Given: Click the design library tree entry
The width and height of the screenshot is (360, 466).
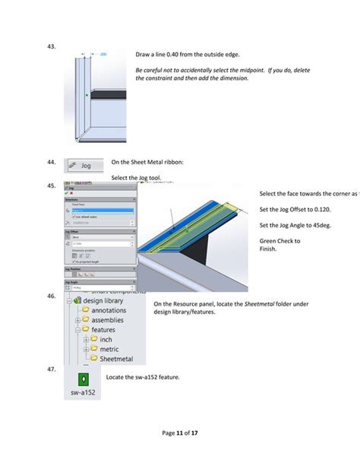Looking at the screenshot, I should (105, 300).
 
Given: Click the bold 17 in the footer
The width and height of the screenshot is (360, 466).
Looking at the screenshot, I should (196, 433).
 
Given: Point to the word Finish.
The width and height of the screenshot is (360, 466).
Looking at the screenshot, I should (269, 249).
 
